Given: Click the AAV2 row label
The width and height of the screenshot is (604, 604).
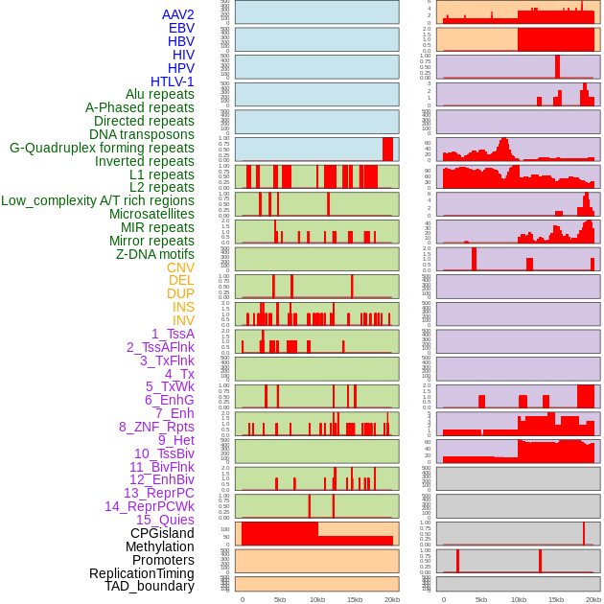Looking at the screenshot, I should click(x=177, y=14).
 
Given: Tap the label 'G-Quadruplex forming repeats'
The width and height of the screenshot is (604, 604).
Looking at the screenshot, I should click(x=102, y=148).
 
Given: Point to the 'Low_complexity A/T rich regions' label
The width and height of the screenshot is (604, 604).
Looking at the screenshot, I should click(x=98, y=200).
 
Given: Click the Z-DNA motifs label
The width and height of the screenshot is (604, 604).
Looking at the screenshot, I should click(x=155, y=254).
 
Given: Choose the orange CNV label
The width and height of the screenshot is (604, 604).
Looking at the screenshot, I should click(x=180, y=267).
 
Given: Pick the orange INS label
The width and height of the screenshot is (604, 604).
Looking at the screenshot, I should click(x=183, y=307).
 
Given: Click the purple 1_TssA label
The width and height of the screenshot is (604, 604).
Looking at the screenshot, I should click(x=173, y=334).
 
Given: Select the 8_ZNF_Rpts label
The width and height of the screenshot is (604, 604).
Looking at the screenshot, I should click(x=156, y=427).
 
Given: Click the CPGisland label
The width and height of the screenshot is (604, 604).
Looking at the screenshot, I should click(x=162, y=533).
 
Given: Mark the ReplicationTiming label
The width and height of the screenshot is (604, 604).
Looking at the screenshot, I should click(x=141, y=573).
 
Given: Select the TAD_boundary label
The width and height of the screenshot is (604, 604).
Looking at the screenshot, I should click(x=150, y=586).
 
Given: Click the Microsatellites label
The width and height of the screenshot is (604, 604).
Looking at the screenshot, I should click(x=151, y=214).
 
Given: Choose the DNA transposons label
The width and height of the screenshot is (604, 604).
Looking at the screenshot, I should click(x=142, y=134).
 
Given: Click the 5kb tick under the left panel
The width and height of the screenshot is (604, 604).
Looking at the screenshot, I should click(x=280, y=599).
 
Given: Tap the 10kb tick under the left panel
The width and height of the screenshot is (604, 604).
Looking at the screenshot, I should click(x=317, y=599).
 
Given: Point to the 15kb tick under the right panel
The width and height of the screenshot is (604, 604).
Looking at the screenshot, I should click(x=556, y=599).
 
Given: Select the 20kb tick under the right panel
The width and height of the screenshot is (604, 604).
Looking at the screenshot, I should click(x=593, y=599).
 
